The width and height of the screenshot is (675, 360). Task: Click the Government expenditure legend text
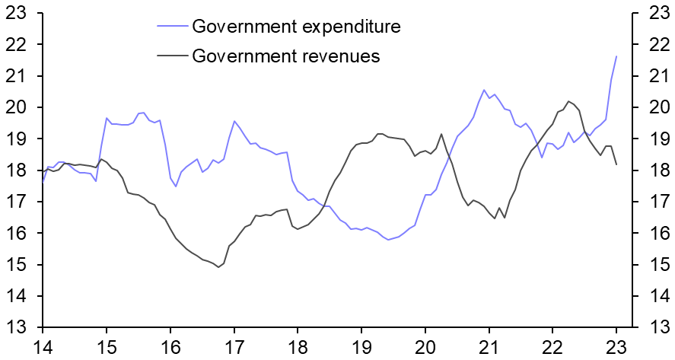(296, 27)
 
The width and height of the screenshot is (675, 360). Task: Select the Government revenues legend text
(285, 56)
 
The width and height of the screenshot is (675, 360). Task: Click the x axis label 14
(43, 346)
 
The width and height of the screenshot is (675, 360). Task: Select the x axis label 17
(234, 346)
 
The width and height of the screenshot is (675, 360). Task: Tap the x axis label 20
(425, 346)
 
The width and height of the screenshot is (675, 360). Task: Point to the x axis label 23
(616, 346)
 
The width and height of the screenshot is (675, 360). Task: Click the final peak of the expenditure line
(616, 56)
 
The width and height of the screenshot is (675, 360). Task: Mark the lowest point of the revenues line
(218, 267)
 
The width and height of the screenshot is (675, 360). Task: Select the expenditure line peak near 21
(483, 90)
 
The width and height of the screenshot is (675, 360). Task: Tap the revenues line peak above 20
(568, 101)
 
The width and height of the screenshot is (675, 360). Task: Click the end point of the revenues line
(616, 164)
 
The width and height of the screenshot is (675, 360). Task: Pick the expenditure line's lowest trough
(388, 240)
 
